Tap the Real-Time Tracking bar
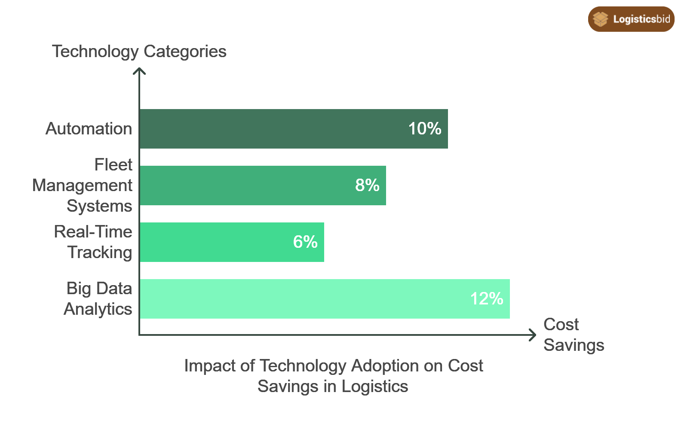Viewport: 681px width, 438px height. point(215,242)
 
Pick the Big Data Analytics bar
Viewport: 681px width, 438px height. point(301,299)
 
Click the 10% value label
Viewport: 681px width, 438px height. point(425,128)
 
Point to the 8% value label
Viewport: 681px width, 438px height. point(367,185)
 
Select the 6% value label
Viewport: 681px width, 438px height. point(305,242)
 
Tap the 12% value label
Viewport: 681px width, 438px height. point(486,298)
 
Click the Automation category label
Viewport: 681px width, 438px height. point(89,129)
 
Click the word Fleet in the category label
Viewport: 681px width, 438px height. point(113,165)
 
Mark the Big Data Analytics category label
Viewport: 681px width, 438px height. point(98,299)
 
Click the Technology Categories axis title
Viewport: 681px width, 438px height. point(139,52)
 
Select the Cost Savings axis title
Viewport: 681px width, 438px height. point(573,335)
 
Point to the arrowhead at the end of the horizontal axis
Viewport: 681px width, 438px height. point(534,335)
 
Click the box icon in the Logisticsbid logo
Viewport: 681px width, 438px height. point(600,19)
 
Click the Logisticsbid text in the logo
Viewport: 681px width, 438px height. point(641,19)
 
